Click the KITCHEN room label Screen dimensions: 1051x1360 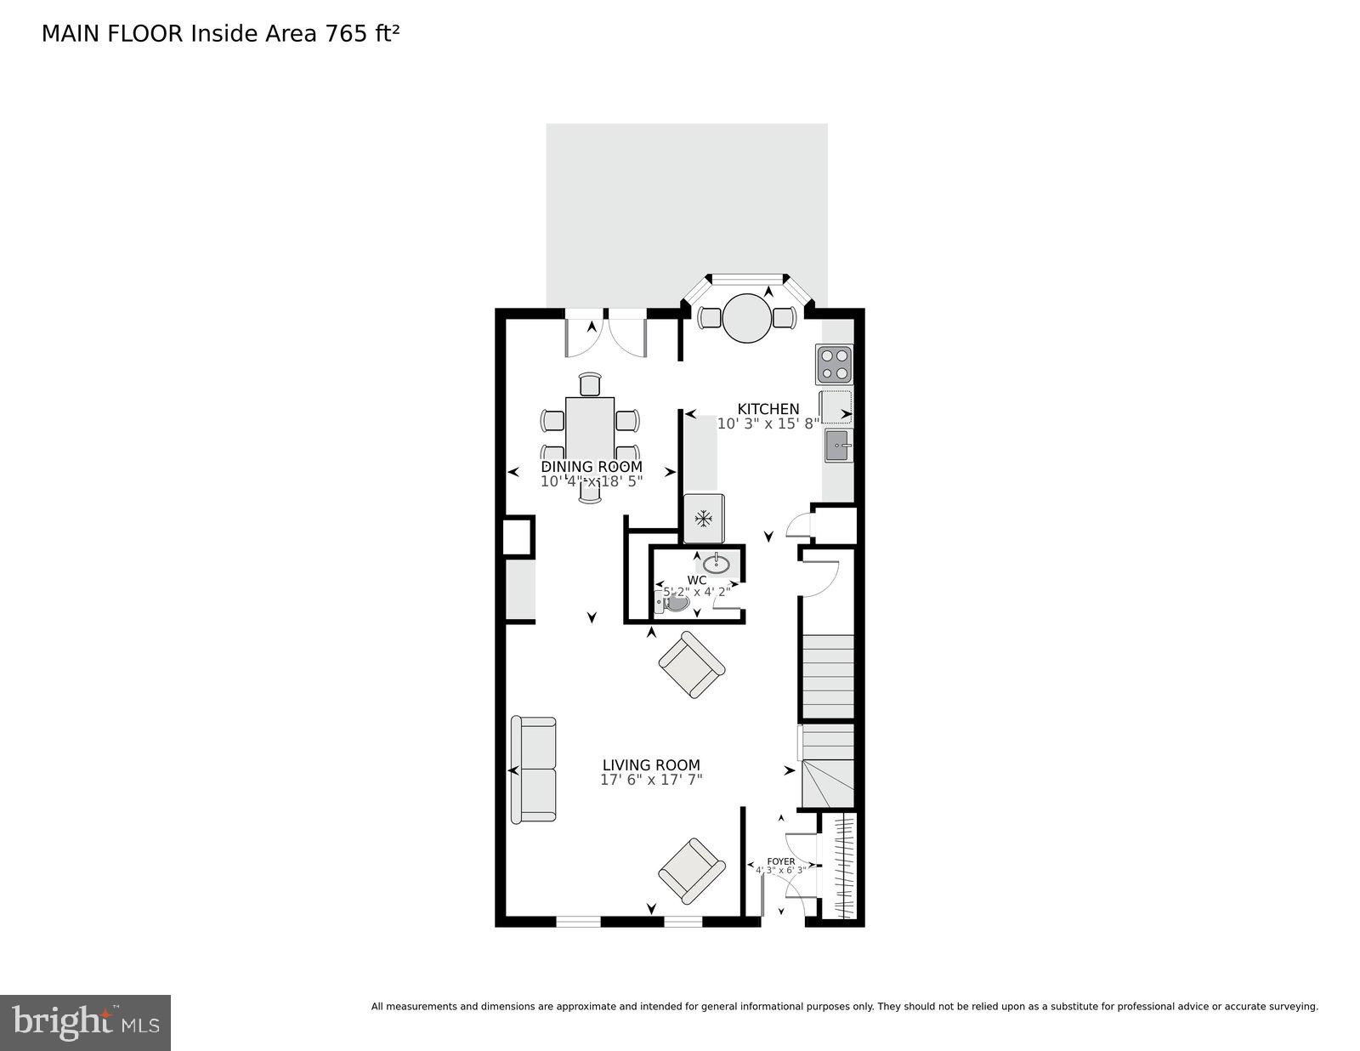(768, 409)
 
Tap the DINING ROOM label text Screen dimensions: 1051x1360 (592, 467)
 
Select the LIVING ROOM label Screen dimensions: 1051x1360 (651, 765)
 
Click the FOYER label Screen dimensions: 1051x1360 (780, 861)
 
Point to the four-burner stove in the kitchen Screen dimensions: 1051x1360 (834, 364)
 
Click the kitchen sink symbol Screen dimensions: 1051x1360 (837, 446)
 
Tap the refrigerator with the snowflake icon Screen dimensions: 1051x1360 (704, 518)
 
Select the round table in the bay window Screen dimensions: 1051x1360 (746, 318)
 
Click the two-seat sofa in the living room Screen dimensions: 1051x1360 (533, 770)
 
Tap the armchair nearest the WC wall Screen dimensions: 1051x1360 (692, 665)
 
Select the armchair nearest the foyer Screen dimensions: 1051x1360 (692, 871)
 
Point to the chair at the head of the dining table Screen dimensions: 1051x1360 (589, 384)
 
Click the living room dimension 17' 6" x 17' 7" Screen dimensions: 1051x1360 (651, 780)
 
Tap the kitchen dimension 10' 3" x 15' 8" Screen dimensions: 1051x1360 (768, 423)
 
